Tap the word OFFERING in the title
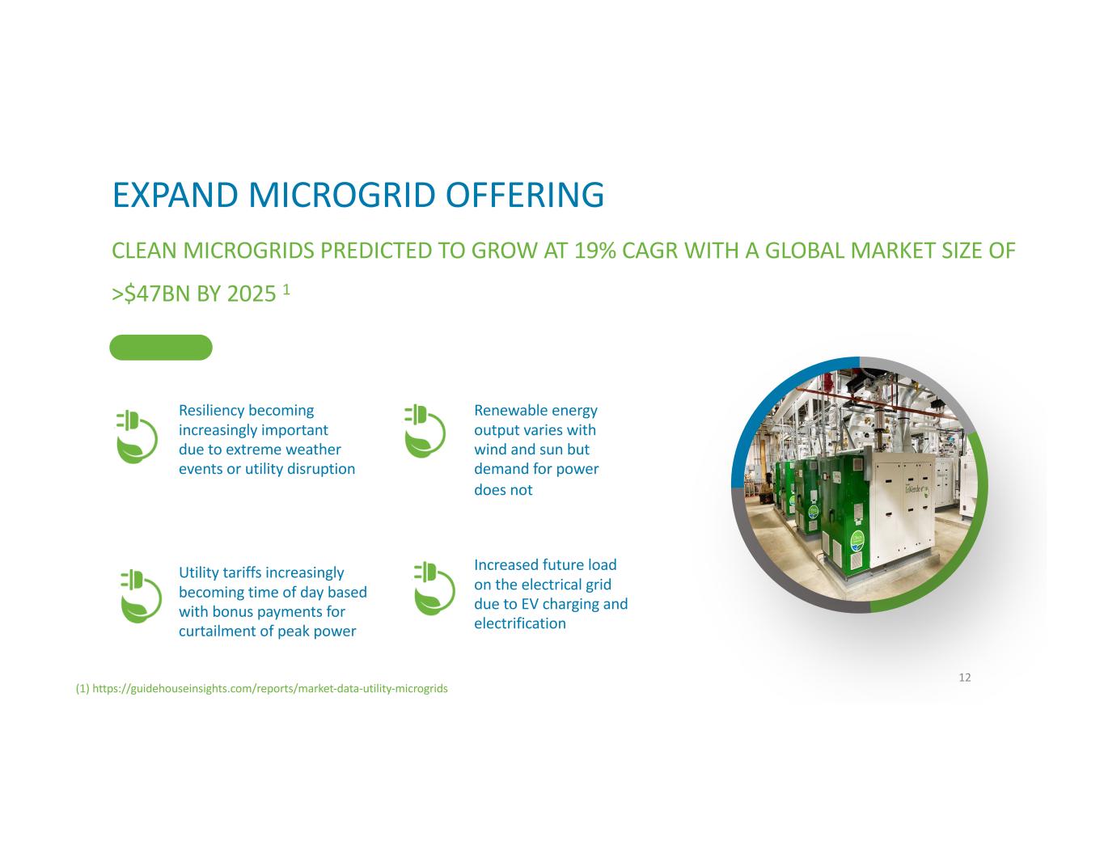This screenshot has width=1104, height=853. pos(526,195)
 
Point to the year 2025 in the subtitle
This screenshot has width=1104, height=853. pos(252,294)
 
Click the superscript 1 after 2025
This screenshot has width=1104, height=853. pos(286,289)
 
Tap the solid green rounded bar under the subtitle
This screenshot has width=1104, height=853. pos(161,348)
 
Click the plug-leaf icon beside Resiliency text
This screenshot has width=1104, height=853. pos(137,437)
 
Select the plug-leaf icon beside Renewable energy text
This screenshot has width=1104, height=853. pos(425,431)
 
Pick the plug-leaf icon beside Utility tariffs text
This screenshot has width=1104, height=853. pos(141,596)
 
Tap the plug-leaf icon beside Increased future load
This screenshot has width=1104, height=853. pos(434,589)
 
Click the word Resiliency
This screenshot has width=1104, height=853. pos(211,410)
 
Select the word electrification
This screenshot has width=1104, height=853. pos(520,623)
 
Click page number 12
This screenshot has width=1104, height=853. pos(965,678)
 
